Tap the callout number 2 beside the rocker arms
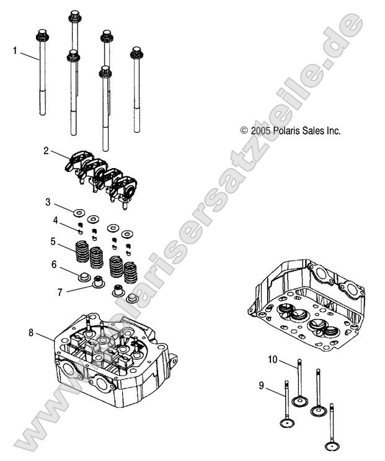tap(46, 150)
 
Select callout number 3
tap(48, 202)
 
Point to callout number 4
tap(55, 220)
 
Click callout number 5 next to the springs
tap(54, 241)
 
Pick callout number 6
tap(55, 264)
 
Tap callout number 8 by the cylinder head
tap(31, 333)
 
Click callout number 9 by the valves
tap(262, 385)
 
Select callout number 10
tap(273, 359)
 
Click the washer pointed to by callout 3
tap(79, 213)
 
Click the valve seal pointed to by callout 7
tap(97, 285)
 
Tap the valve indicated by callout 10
tap(299, 382)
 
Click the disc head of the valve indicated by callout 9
tap(286, 423)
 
